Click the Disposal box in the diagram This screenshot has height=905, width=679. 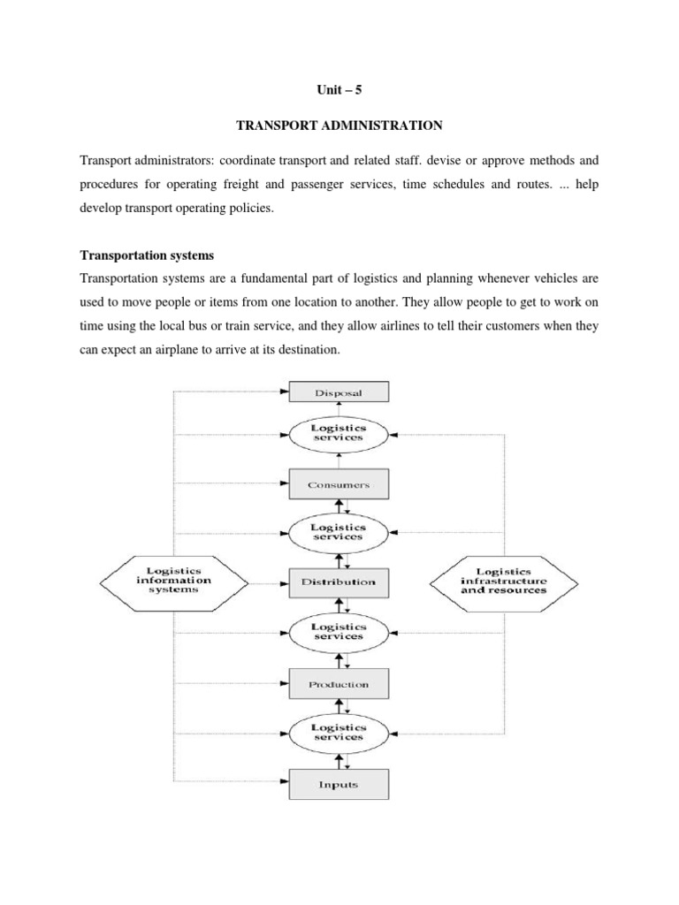click(339, 392)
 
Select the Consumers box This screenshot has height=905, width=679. click(339, 484)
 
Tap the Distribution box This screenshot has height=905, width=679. click(339, 582)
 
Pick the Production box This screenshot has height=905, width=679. click(339, 684)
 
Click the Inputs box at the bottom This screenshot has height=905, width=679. click(339, 783)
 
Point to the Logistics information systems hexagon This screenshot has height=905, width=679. click(174, 581)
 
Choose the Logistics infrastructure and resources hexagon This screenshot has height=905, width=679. click(504, 581)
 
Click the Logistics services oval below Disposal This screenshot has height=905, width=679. click(339, 433)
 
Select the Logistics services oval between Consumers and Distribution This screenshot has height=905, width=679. click(339, 531)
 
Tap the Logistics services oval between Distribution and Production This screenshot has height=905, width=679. click(339, 631)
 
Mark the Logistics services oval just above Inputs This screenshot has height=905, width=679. click(339, 732)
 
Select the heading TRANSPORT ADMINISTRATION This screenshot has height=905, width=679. click(339, 125)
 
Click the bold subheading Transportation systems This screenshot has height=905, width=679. click(147, 255)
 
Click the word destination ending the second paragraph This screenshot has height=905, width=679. click(304, 350)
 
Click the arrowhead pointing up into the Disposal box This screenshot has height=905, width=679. click(339, 407)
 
